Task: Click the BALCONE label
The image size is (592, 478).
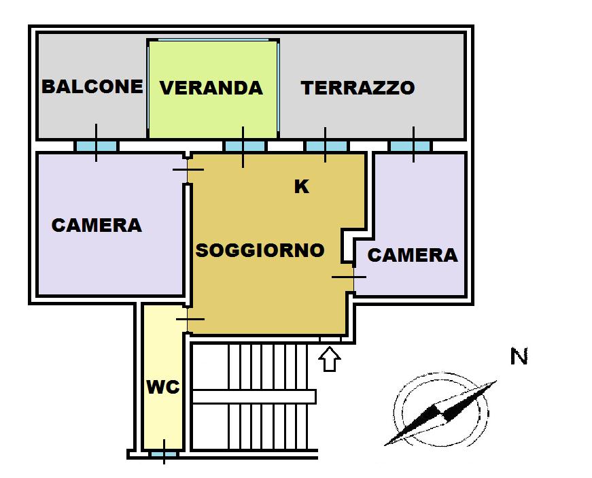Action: [92, 86]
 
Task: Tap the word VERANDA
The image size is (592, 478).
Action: [211, 88]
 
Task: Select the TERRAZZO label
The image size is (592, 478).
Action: [358, 88]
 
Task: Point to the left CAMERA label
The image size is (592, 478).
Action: [97, 225]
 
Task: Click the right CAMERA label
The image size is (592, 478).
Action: [413, 255]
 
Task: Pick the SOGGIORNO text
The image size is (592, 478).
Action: [260, 250]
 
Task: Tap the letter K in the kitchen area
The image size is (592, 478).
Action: [301, 187]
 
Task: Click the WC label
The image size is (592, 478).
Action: [163, 388]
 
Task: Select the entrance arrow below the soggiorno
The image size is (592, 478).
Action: [330, 358]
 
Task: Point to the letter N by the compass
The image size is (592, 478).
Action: [519, 356]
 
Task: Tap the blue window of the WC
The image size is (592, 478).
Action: [163, 454]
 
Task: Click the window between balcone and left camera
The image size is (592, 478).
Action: [96, 146]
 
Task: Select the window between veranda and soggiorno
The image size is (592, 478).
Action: [244, 146]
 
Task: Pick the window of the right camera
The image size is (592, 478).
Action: [410, 146]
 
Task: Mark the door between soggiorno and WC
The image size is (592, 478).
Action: [188, 318]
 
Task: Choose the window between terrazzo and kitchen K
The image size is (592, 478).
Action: [326, 146]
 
